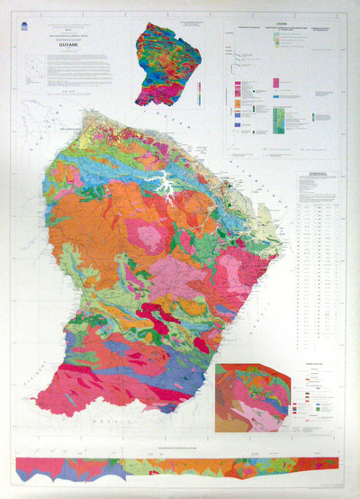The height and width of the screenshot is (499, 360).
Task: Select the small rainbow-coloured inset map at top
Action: (x=172, y=64)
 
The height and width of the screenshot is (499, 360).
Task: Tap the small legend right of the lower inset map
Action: (x=314, y=396)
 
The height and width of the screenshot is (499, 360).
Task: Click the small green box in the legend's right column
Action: (x=314, y=116)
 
